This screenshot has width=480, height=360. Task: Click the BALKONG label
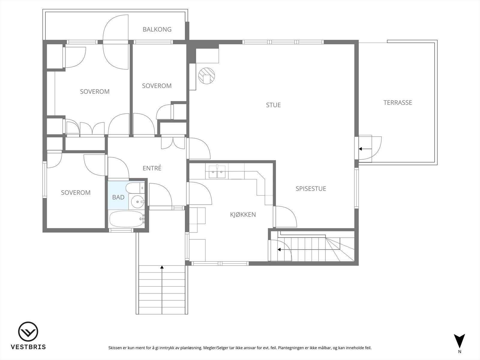tap(157, 29)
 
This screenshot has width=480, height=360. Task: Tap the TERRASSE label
tap(397, 103)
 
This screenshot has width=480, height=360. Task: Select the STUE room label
tap(273, 105)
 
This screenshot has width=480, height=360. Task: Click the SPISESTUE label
tap(311, 189)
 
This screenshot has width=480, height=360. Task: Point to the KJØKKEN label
tap(243, 214)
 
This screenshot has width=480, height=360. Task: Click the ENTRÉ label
tap(152, 168)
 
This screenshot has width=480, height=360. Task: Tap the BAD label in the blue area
tap(118, 197)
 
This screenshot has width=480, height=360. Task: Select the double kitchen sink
tap(217, 172)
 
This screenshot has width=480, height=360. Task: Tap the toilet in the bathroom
tap(134, 188)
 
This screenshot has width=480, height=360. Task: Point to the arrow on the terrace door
tap(365, 149)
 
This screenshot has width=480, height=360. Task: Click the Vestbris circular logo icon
tap(28, 332)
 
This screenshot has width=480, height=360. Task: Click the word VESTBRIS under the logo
tap(28, 347)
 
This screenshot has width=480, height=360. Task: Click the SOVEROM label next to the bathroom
tap(76, 193)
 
